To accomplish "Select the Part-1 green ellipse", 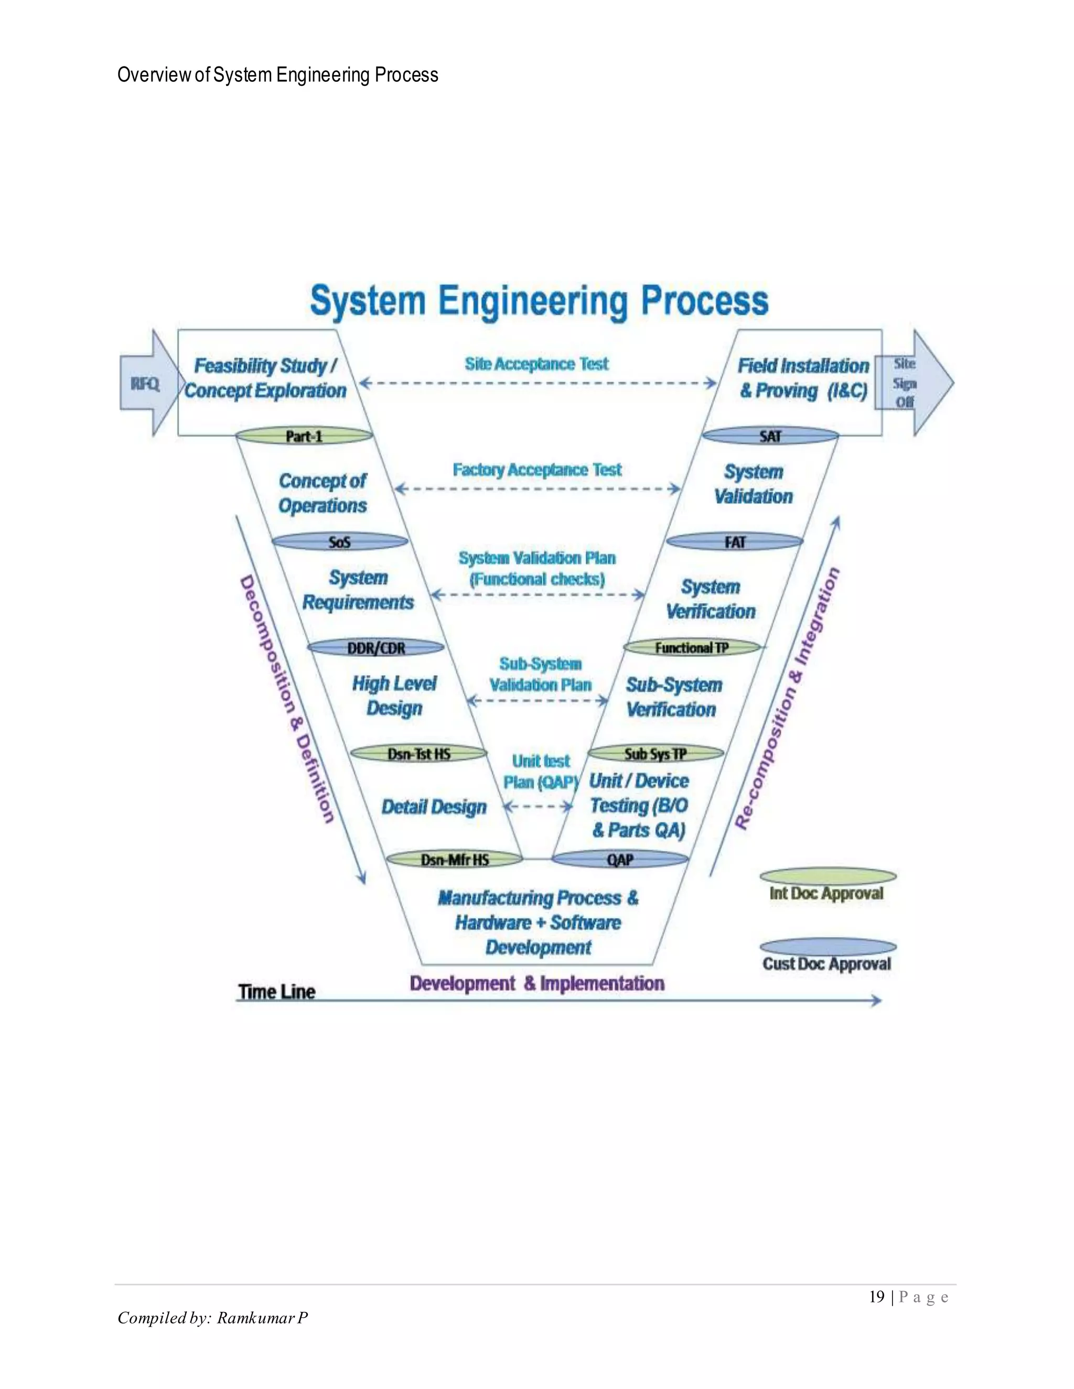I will [x=304, y=436].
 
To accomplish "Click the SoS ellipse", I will [x=340, y=542].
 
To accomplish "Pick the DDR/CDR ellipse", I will [x=376, y=648].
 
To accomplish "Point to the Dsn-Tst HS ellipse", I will [x=418, y=754].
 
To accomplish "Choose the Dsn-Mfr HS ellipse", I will [x=454, y=860].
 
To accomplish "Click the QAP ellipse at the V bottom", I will [x=620, y=860].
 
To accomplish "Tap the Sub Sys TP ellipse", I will [x=656, y=754].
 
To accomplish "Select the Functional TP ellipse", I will [x=692, y=647].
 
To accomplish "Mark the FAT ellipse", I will [x=734, y=542].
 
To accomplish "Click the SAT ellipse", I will [x=770, y=436].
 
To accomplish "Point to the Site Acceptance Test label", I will [x=536, y=364].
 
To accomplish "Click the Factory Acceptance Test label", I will [x=537, y=470].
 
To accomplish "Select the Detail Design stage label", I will [x=434, y=807].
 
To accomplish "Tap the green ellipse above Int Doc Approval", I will [x=828, y=877].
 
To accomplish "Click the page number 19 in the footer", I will [x=877, y=1296].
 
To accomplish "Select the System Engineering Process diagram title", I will [x=539, y=301].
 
